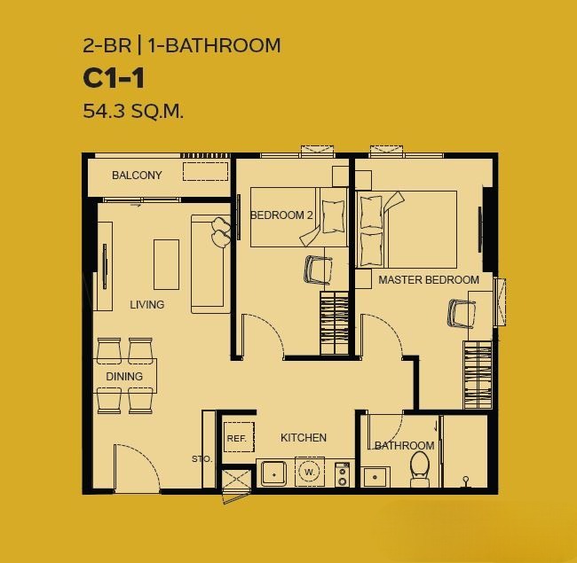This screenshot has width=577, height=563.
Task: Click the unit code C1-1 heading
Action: pos(114,78)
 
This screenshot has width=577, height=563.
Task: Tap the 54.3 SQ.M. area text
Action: pos(133,111)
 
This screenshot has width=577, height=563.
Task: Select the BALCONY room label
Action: pos(137,176)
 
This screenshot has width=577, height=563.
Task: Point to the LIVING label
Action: pos(146,305)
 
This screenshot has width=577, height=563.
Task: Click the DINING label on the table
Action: pos(124,376)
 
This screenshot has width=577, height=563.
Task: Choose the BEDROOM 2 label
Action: pos(281,215)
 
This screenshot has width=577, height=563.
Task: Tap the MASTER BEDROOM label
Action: pos(429,280)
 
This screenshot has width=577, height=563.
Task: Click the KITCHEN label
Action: pos(304,438)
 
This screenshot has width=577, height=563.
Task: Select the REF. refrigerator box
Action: pos(239,437)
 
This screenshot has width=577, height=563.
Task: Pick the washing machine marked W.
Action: pos(310,472)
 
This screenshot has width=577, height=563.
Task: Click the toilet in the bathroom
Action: pos(420,468)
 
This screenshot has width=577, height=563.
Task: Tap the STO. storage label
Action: pos(202,459)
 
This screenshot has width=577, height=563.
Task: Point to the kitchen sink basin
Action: pos(273,474)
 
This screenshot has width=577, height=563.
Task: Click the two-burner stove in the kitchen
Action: pos(343,474)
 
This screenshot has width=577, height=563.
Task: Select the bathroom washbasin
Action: pos(375,477)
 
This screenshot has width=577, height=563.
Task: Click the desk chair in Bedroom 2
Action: pos(317,270)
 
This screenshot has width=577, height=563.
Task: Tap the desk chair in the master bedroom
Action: pos(461,314)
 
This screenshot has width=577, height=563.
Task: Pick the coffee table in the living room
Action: pos(166,264)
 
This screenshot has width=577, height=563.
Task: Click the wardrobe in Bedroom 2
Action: pos(334,323)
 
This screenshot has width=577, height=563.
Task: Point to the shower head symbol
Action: pos(466,481)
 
